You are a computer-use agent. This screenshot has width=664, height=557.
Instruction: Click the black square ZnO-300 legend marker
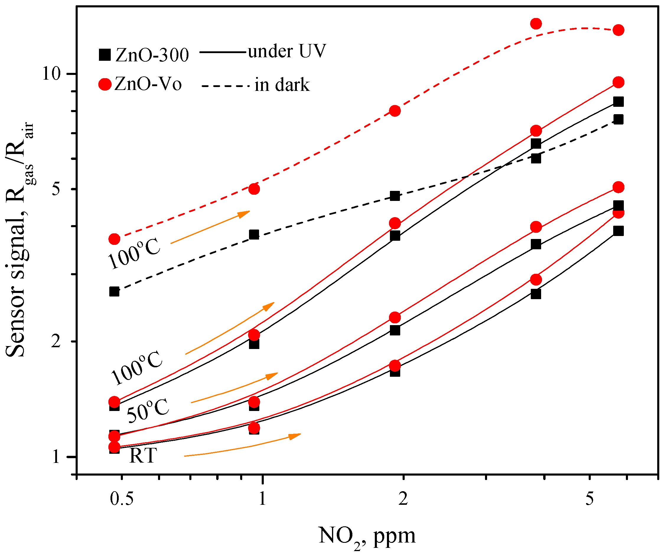click(x=105, y=55)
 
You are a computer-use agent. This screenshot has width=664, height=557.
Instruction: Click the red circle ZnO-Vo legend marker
click(x=105, y=84)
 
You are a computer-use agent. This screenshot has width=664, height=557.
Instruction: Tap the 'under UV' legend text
click(x=287, y=51)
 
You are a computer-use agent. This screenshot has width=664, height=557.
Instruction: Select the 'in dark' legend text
click(x=282, y=85)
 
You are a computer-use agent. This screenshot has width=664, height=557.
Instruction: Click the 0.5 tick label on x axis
click(x=122, y=499)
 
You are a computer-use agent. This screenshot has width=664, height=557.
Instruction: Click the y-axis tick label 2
click(x=56, y=341)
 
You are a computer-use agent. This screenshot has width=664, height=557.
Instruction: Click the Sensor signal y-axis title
click(x=19, y=240)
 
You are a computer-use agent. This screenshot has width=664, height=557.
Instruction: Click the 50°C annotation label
click(x=148, y=410)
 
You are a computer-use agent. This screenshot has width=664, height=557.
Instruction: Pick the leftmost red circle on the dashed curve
click(x=115, y=239)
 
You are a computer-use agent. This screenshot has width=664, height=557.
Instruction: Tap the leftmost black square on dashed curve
click(x=115, y=291)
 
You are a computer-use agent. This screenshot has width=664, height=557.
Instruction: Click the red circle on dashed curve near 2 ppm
click(x=395, y=111)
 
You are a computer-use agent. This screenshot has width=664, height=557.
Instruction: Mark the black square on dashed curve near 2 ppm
click(x=395, y=196)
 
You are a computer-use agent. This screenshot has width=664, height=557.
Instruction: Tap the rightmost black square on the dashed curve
click(x=619, y=119)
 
